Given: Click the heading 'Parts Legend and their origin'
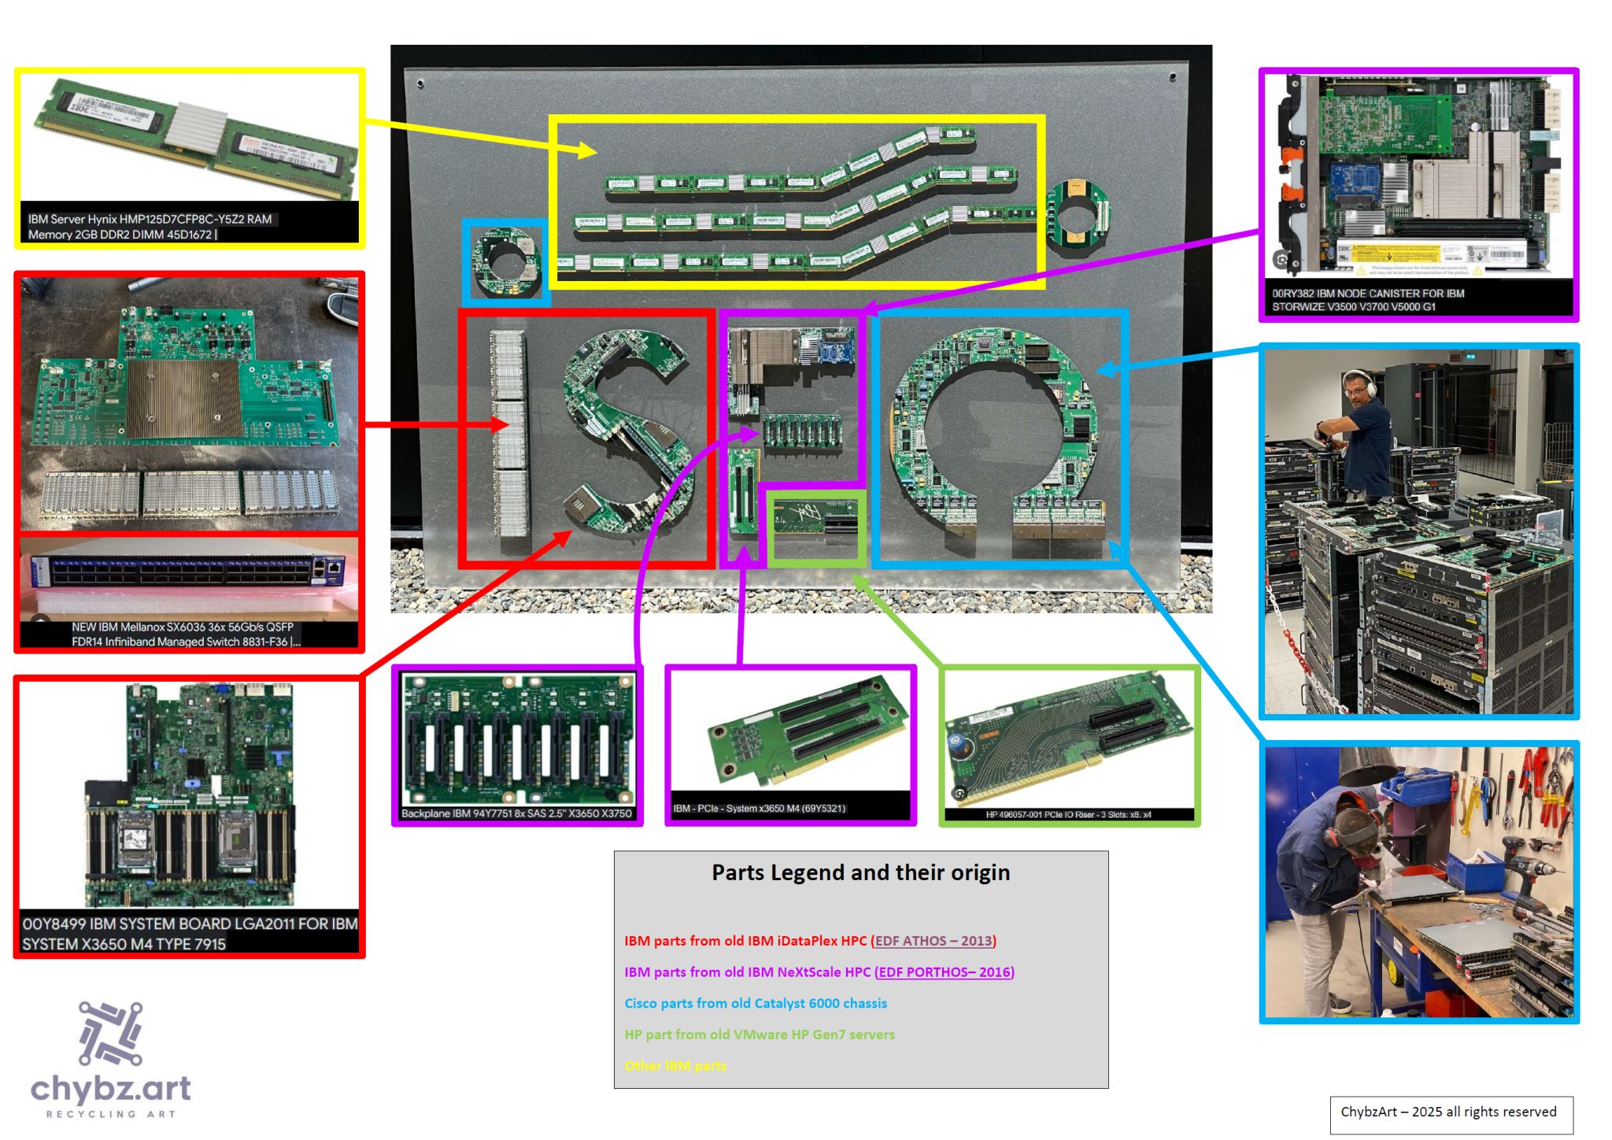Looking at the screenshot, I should coord(860,872).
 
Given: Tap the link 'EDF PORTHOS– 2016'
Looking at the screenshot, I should coord(945,972).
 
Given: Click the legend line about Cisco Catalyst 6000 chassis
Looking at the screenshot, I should coord(756,1004).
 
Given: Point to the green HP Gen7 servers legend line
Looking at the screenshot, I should coord(760,1035).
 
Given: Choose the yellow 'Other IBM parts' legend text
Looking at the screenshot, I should coord(675,1066).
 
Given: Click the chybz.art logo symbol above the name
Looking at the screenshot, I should coord(110,1032).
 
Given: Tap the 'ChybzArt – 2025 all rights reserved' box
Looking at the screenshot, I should coord(1451,1112).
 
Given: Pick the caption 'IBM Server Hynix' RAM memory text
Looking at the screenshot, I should coord(150,227).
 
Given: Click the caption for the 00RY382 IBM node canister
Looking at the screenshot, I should coord(1368,300).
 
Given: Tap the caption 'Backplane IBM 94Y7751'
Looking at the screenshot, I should coord(516,814).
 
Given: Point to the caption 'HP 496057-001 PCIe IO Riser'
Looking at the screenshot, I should coord(1068,815).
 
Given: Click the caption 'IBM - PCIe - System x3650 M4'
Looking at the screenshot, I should coord(759,809).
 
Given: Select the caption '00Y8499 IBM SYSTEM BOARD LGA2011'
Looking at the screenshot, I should coord(189,934).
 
